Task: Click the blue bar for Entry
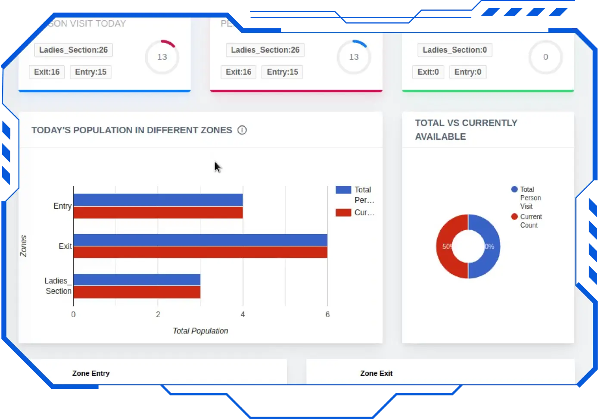[158, 200]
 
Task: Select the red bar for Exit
[200, 252]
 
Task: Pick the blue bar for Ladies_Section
[137, 280]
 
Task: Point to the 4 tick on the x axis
[243, 315]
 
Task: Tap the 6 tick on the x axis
[327, 315]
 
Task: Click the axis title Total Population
[200, 331]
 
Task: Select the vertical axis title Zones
[24, 246]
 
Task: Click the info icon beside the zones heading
[242, 130]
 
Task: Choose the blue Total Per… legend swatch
[343, 190]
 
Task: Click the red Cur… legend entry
[355, 213]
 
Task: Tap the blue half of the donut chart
[491, 247]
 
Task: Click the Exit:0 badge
[428, 72]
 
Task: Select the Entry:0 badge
[468, 72]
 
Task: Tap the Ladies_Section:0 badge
[455, 50]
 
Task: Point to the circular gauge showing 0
[545, 57]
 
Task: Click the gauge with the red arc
[162, 57]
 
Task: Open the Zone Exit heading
[376, 373]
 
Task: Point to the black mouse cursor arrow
[217, 167]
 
